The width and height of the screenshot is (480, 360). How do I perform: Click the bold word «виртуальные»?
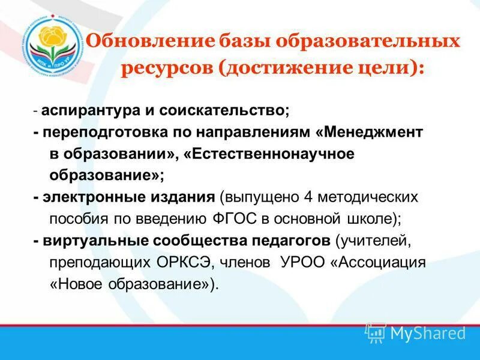pos(91,241)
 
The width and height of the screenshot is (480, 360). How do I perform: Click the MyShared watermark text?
pos(428,333)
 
